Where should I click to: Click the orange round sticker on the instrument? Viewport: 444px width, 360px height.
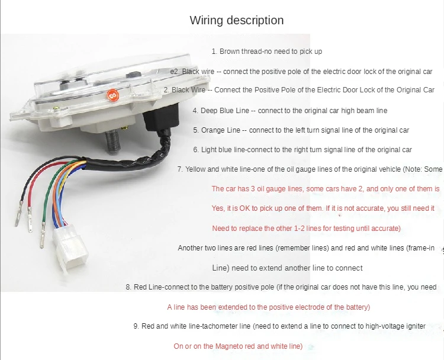[112, 95]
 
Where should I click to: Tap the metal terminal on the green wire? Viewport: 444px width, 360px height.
[43, 238]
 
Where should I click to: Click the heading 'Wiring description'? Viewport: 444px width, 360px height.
[236, 20]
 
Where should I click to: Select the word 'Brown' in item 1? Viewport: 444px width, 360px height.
[230, 52]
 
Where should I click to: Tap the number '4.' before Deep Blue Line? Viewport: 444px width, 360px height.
[196, 111]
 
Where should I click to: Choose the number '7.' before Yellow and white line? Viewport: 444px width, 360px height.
[180, 169]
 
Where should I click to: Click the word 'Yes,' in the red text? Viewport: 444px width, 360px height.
[218, 208]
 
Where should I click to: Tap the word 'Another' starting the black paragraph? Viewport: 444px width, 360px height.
[190, 248]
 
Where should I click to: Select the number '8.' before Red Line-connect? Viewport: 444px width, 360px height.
[128, 287]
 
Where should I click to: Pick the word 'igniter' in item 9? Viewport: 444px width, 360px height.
[425, 326]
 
